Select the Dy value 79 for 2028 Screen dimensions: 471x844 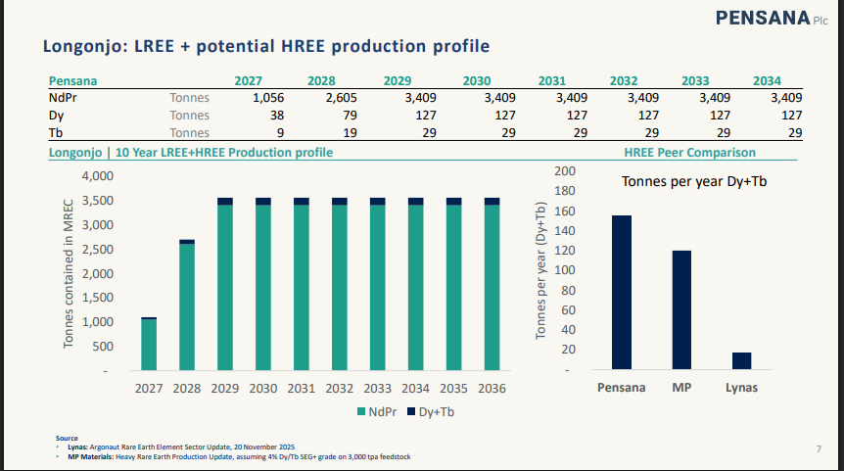344,116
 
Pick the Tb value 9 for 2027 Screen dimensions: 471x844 281,133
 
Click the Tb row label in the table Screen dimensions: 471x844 55,133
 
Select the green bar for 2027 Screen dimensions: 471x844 149,346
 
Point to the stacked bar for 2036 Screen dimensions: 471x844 492,285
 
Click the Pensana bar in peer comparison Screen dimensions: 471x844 622,293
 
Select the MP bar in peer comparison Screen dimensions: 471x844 681,310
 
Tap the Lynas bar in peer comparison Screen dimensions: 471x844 741,361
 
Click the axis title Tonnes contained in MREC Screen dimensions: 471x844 69,273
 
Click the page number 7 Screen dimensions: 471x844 818,448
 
